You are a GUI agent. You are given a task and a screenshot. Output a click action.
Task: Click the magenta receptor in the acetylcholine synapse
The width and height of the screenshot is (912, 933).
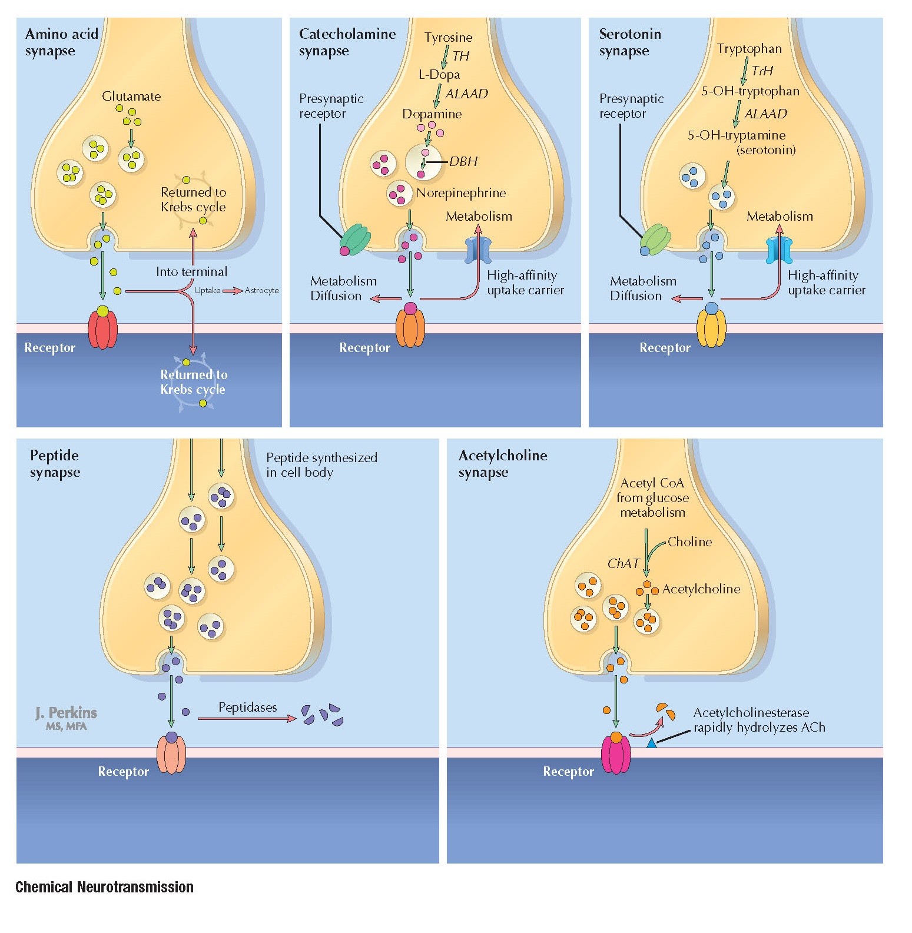coord(616,755)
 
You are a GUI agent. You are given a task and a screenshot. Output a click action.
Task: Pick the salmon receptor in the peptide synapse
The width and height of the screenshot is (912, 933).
coord(171,755)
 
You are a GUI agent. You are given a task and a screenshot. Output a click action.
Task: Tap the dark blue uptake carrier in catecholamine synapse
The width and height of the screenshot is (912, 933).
coord(478,250)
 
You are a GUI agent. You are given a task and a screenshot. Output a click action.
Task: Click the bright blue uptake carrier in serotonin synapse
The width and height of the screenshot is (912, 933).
coord(779,250)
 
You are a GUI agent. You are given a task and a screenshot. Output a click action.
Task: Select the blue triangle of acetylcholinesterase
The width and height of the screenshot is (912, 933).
coord(651,744)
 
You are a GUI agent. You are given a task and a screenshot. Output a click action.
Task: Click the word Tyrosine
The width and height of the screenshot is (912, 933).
coord(448,37)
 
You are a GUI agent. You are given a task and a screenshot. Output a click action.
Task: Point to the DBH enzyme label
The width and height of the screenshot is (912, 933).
coord(463,161)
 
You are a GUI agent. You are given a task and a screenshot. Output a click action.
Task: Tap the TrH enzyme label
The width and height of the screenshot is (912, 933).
coord(762,71)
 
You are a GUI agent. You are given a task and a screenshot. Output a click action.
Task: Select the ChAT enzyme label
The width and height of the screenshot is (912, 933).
coord(623,563)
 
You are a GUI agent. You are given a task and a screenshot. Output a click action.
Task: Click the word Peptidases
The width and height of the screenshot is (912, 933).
coord(247,707)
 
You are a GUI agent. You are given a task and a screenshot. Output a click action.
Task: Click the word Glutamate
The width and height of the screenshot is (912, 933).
coord(131,96)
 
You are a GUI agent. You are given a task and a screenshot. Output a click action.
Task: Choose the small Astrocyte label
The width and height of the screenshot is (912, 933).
coord(261,290)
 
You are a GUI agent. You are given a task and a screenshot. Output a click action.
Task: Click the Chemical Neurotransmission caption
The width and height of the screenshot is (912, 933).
coord(104,886)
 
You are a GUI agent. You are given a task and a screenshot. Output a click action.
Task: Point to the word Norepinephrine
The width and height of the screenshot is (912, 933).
coord(461,192)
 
